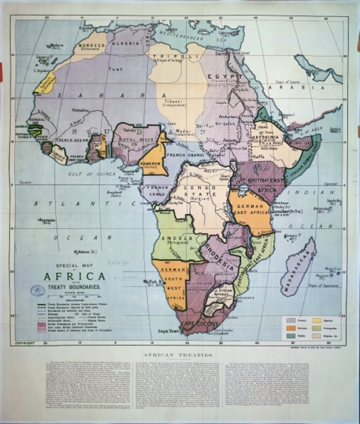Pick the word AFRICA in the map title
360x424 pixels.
tap(75, 276)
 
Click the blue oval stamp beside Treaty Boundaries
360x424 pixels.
tap(38, 290)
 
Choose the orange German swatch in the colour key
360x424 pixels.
tap(291, 328)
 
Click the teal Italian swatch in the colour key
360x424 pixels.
tap(291, 335)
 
